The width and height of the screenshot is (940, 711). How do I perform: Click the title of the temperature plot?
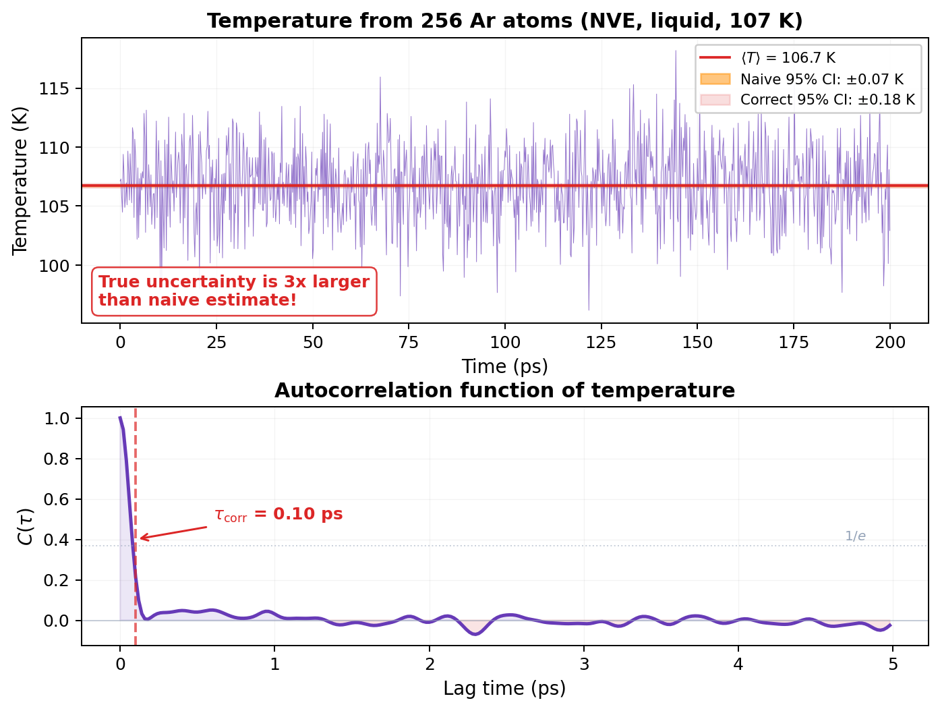pos(504,21)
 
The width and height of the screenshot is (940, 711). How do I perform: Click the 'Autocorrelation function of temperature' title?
pos(504,391)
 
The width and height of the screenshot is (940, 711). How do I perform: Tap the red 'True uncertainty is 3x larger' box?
pos(234,291)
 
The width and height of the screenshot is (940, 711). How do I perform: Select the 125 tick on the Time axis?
pos(601,343)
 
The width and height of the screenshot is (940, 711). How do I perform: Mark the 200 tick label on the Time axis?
pos(890,343)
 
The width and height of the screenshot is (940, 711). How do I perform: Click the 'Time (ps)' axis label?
pos(504,366)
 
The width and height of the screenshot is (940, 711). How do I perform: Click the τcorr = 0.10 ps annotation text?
pos(278,515)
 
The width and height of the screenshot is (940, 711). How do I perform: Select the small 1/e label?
pos(855,536)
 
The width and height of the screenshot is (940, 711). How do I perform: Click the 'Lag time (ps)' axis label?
pos(504,689)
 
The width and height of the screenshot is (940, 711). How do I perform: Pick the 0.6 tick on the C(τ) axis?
pos(57,499)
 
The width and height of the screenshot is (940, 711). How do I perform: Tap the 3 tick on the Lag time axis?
pos(584,664)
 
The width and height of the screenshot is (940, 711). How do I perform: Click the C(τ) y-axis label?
pos(26,526)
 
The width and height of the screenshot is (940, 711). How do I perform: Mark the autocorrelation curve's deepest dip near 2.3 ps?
pos(475,634)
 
